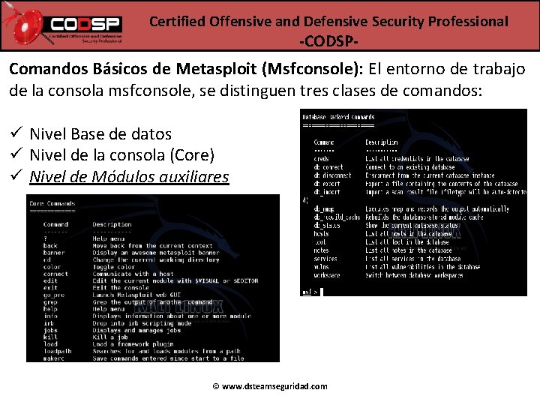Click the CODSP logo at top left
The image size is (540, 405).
click(x=72, y=25)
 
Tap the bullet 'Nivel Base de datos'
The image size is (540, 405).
click(x=100, y=134)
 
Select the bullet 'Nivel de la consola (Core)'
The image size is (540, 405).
click(x=121, y=155)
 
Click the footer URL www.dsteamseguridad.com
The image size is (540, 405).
click(x=270, y=386)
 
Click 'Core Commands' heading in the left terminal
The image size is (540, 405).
click(x=51, y=203)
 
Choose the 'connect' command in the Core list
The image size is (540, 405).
click(x=55, y=274)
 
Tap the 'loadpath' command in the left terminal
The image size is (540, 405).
click(x=57, y=351)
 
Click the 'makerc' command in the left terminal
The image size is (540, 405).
click(x=53, y=358)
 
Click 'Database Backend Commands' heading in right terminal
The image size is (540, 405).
click(x=337, y=117)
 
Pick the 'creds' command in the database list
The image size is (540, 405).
click(x=322, y=159)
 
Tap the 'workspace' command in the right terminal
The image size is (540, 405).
click(x=327, y=275)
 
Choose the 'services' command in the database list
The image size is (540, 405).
click(x=325, y=259)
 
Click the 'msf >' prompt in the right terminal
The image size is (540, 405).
click(x=310, y=292)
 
